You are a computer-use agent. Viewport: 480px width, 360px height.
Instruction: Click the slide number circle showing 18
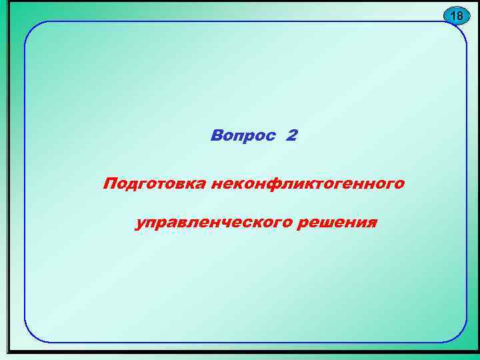(x=456, y=15)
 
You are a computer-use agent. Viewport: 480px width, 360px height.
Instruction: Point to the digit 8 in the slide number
(x=459, y=15)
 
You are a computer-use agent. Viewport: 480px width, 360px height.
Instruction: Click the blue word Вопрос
(x=243, y=136)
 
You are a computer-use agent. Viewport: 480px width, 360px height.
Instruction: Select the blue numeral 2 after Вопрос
(x=291, y=136)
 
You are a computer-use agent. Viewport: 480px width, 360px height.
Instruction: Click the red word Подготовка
(x=154, y=183)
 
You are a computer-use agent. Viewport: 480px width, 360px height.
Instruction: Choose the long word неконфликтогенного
(x=307, y=183)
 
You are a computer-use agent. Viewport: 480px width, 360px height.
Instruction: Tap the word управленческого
(x=213, y=222)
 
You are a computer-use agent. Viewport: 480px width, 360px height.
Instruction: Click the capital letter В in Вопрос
(x=216, y=136)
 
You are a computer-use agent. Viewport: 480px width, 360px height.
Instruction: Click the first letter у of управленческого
(x=139, y=223)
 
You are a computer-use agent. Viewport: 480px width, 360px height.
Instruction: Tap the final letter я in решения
(x=371, y=222)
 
